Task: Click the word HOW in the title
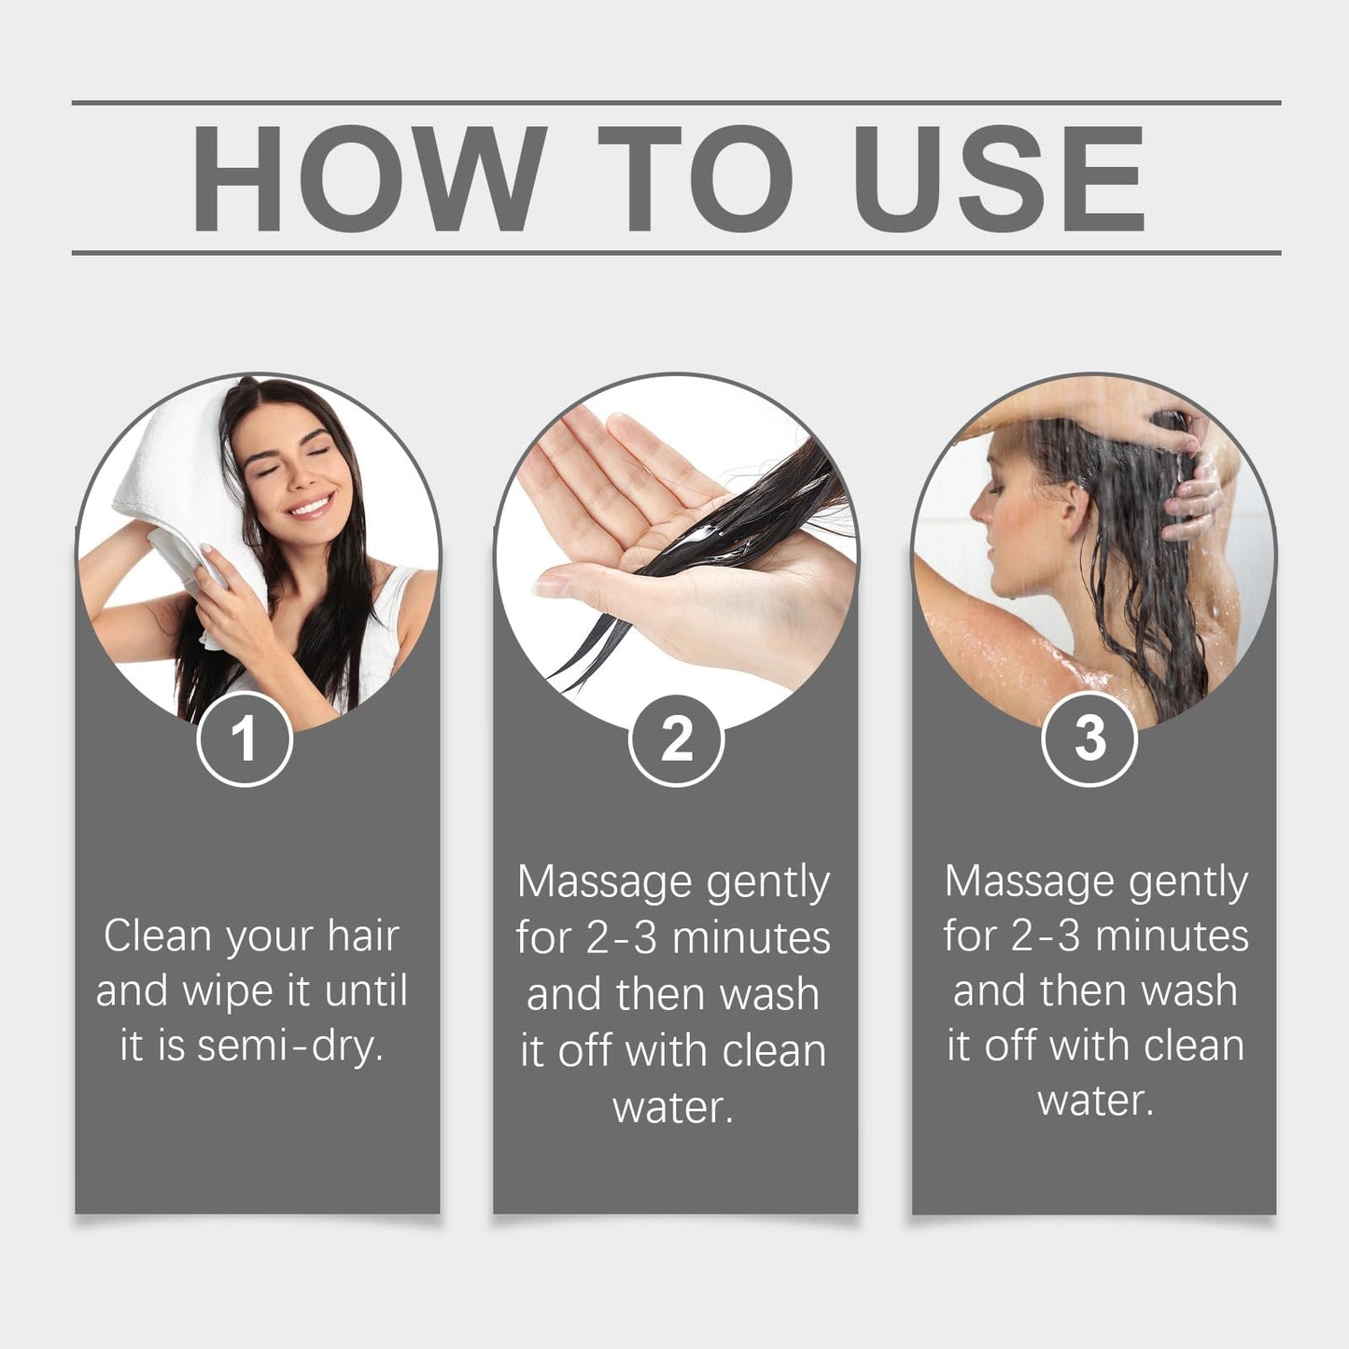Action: click(x=368, y=178)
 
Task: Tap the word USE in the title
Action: click(x=999, y=178)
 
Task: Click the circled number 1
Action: click(x=245, y=738)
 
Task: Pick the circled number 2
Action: click(x=676, y=740)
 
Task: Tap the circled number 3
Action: click(x=1090, y=738)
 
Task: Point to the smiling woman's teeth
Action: click(x=310, y=505)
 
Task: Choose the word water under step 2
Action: click(x=673, y=1107)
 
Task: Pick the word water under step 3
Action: click(x=1096, y=1101)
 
